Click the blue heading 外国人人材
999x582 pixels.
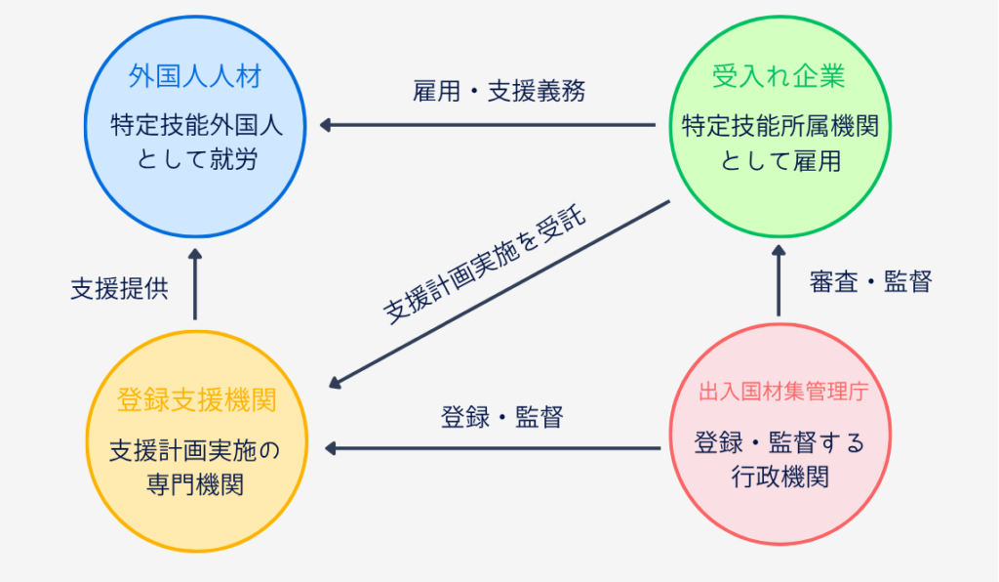tap(195, 76)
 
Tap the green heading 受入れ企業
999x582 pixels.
tap(778, 76)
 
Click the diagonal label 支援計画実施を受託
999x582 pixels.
tap(484, 266)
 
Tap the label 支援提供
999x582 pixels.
tap(119, 289)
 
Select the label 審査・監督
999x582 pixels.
tap(871, 282)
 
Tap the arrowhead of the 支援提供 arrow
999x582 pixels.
tap(195, 254)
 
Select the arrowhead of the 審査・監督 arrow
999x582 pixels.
tap(779, 252)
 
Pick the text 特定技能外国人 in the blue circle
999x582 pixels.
tap(195, 126)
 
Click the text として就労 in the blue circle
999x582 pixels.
tap(195, 159)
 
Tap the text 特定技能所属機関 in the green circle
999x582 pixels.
tap(779, 126)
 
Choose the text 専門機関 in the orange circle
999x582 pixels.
tap(196, 483)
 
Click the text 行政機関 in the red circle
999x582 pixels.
tap(779, 477)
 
